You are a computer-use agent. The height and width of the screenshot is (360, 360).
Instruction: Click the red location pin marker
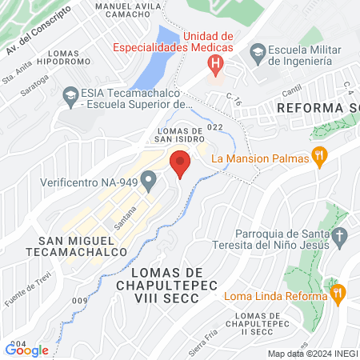click(x=180, y=162)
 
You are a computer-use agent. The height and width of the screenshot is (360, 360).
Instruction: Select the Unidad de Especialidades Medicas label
click(x=208, y=42)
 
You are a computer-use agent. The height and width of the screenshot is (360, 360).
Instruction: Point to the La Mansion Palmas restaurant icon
click(x=319, y=158)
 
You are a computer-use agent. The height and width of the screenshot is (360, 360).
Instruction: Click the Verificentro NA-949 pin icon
click(x=148, y=182)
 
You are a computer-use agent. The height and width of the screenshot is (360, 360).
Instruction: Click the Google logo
click(x=26, y=350)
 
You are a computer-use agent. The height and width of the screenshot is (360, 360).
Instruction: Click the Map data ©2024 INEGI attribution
click(x=312, y=354)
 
